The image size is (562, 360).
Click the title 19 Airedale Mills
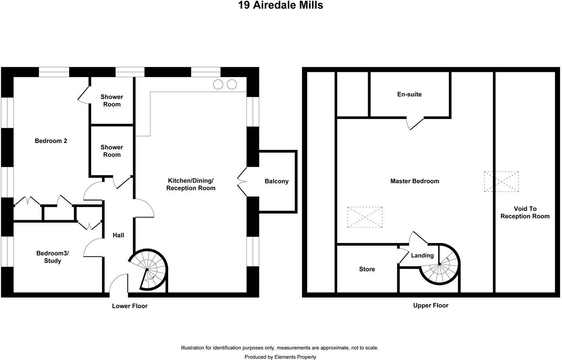point(281,6)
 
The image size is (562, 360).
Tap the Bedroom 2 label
point(51,141)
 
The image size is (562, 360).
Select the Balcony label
point(277,181)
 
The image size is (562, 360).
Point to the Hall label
point(118,235)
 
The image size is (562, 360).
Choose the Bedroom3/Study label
point(53,257)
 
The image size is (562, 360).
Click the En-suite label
point(409,94)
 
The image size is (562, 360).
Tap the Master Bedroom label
point(415,181)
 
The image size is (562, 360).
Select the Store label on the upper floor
point(367,269)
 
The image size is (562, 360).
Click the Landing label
point(422,256)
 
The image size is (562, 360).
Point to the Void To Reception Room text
point(525,213)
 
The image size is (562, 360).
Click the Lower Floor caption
point(130,306)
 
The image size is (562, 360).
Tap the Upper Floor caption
point(431,305)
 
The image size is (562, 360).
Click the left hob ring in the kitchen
point(218,84)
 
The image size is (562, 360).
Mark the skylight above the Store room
point(364,217)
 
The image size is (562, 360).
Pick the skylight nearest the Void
point(501,182)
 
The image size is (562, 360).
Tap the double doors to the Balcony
point(242,182)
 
